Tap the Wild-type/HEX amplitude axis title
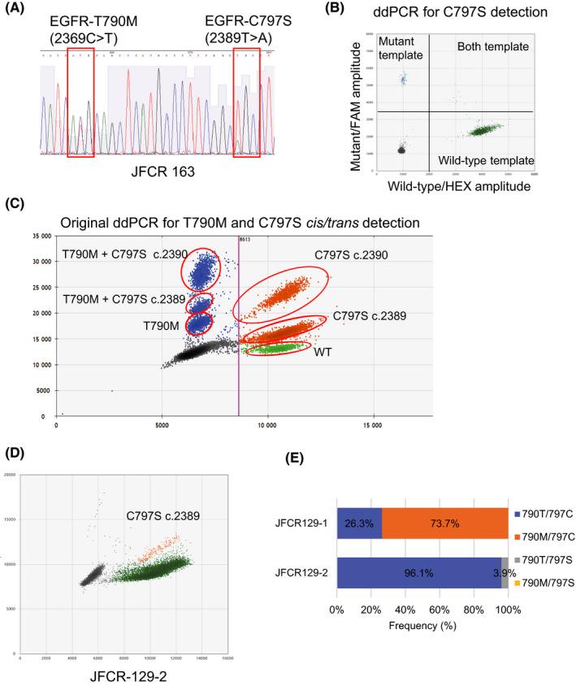[x=454, y=188]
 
